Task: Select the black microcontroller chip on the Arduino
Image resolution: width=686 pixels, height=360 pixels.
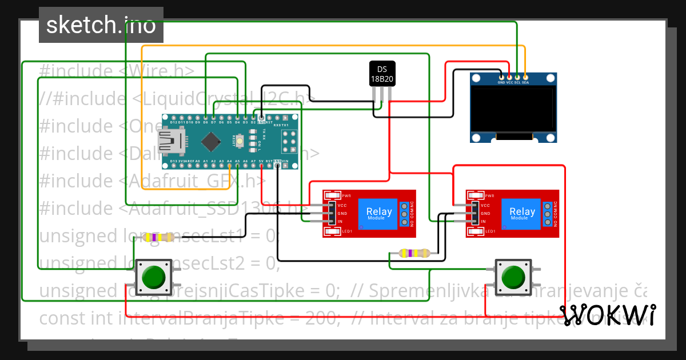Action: pyautogui.click(x=212, y=142)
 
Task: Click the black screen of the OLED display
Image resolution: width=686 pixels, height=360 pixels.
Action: pyautogui.click(x=513, y=109)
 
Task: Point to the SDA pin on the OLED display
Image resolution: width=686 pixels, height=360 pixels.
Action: pyautogui.click(x=525, y=77)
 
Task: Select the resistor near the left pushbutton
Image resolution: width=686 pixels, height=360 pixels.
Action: pyautogui.click(x=158, y=237)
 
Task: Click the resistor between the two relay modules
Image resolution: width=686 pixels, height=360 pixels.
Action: pyautogui.click(x=413, y=253)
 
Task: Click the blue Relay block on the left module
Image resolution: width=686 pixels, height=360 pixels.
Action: pyautogui.click(x=379, y=213)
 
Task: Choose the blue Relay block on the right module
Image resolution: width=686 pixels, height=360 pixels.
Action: pyautogui.click(x=522, y=213)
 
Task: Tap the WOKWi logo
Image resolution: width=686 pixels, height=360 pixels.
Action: pyautogui.click(x=607, y=315)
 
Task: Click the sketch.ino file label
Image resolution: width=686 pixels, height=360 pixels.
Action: pyautogui.click(x=101, y=25)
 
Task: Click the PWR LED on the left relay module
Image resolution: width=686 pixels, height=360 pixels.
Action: pyautogui.click(x=332, y=195)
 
